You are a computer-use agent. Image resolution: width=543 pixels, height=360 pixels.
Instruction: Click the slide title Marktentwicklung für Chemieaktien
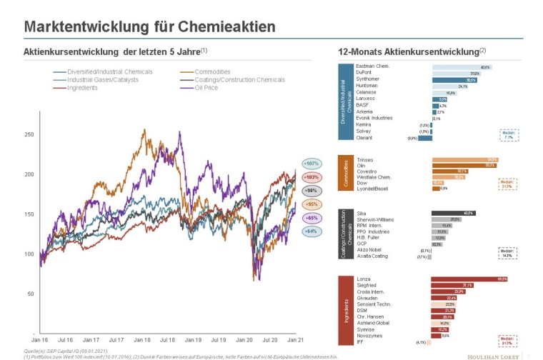[149, 26]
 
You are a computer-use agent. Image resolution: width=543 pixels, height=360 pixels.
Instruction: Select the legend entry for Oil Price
[208, 88]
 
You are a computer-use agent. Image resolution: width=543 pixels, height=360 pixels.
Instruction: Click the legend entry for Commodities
[214, 71]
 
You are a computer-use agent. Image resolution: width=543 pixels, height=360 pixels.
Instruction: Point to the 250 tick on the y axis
[29, 134]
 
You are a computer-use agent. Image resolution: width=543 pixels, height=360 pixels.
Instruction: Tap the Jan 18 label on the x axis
[142, 341]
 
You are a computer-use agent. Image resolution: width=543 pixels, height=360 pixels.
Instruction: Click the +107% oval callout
[311, 163]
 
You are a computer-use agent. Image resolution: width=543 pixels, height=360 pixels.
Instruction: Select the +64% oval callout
[311, 231]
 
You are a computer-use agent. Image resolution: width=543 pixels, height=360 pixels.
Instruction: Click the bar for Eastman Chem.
[462, 67]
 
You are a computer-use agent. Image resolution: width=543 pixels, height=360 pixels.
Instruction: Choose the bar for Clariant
[425, 138]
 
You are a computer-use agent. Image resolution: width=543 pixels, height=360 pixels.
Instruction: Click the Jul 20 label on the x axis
[271, 341]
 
